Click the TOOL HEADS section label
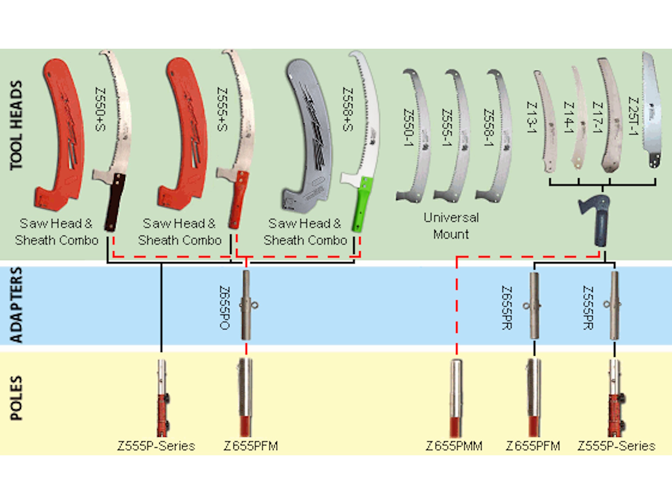(16, 125)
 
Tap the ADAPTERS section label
(16, 305)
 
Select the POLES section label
(16, 398)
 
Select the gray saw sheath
(309, 134)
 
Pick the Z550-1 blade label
(408, 128)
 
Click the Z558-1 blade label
(488, 128)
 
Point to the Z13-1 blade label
(532, 118)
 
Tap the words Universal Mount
(451, 226)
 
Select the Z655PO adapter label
(225, 307)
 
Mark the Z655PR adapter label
(507, 307)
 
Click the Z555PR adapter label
(588, 307)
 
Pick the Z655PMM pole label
(454, 446)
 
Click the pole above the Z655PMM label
(456, 397)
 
